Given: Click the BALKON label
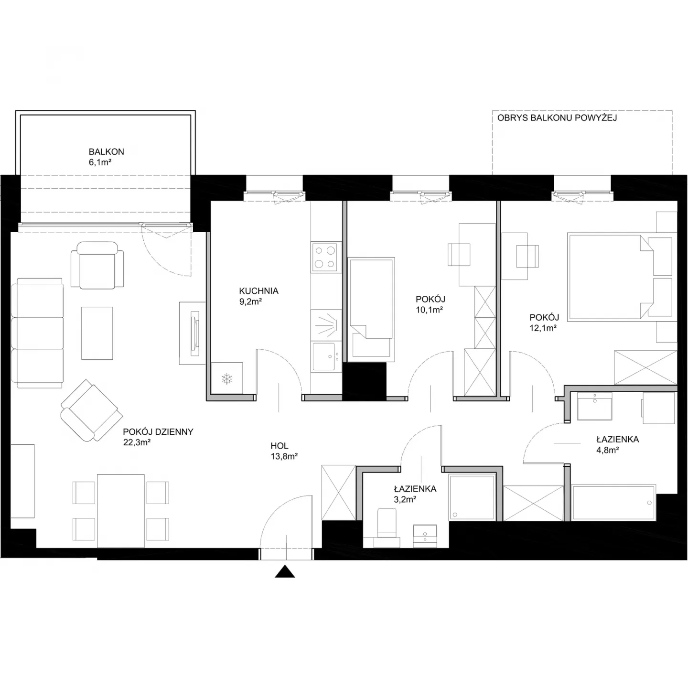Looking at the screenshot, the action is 107,152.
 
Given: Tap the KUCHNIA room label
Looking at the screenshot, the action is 259,291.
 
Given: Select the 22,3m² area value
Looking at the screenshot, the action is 137,442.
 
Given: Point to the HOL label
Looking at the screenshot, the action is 279,446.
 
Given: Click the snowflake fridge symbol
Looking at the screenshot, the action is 226,379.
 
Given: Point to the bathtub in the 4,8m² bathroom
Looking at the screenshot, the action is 613,502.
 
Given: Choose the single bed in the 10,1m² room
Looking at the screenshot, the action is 371,310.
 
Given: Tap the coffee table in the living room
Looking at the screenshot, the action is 97,333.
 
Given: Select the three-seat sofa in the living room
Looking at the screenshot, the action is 37,333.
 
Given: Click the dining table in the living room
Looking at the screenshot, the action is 121,511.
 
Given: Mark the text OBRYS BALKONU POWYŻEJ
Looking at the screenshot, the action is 557,118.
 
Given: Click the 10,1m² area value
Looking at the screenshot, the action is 429,310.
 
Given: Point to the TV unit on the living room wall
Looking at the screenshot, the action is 193,333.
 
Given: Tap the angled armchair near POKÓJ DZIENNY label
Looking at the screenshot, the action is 92,410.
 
